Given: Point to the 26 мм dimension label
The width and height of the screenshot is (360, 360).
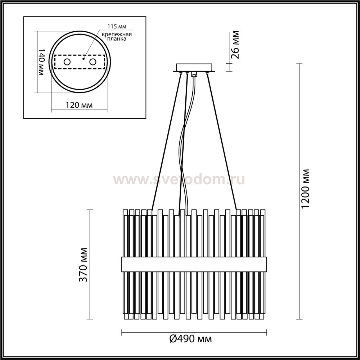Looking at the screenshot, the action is (x=235, y=45).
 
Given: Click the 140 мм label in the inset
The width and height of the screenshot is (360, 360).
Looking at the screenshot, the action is (x=41, y=62).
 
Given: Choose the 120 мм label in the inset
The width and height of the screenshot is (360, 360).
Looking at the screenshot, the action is (x=79, y=105).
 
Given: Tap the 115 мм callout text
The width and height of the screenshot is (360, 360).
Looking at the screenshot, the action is (x=117, y=26).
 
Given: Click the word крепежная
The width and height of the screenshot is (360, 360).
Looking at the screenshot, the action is (x=117, y=34).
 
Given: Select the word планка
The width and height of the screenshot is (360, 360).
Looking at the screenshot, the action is (x=117, y=39).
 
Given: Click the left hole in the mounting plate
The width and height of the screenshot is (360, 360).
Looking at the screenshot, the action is (x=67, y=62).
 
